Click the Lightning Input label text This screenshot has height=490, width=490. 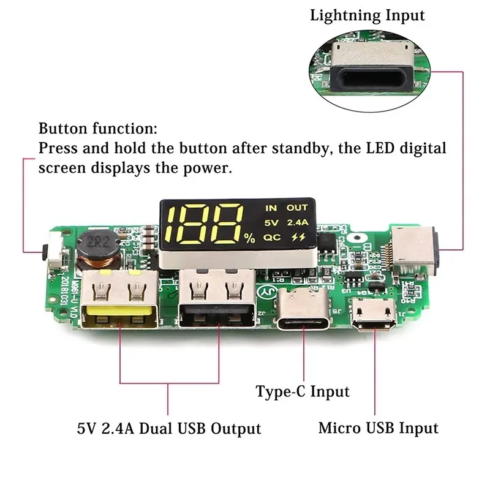(x=367, y=15)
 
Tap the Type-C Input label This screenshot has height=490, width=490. (x=303, y=391)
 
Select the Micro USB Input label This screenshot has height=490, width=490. (x=378, y=428)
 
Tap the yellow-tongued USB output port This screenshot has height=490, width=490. (x=121, y=304)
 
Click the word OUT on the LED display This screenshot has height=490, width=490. (x=296, y=208)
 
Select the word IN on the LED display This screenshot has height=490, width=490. (x=271, y=208)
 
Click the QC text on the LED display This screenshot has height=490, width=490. (x=271, y=237)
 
